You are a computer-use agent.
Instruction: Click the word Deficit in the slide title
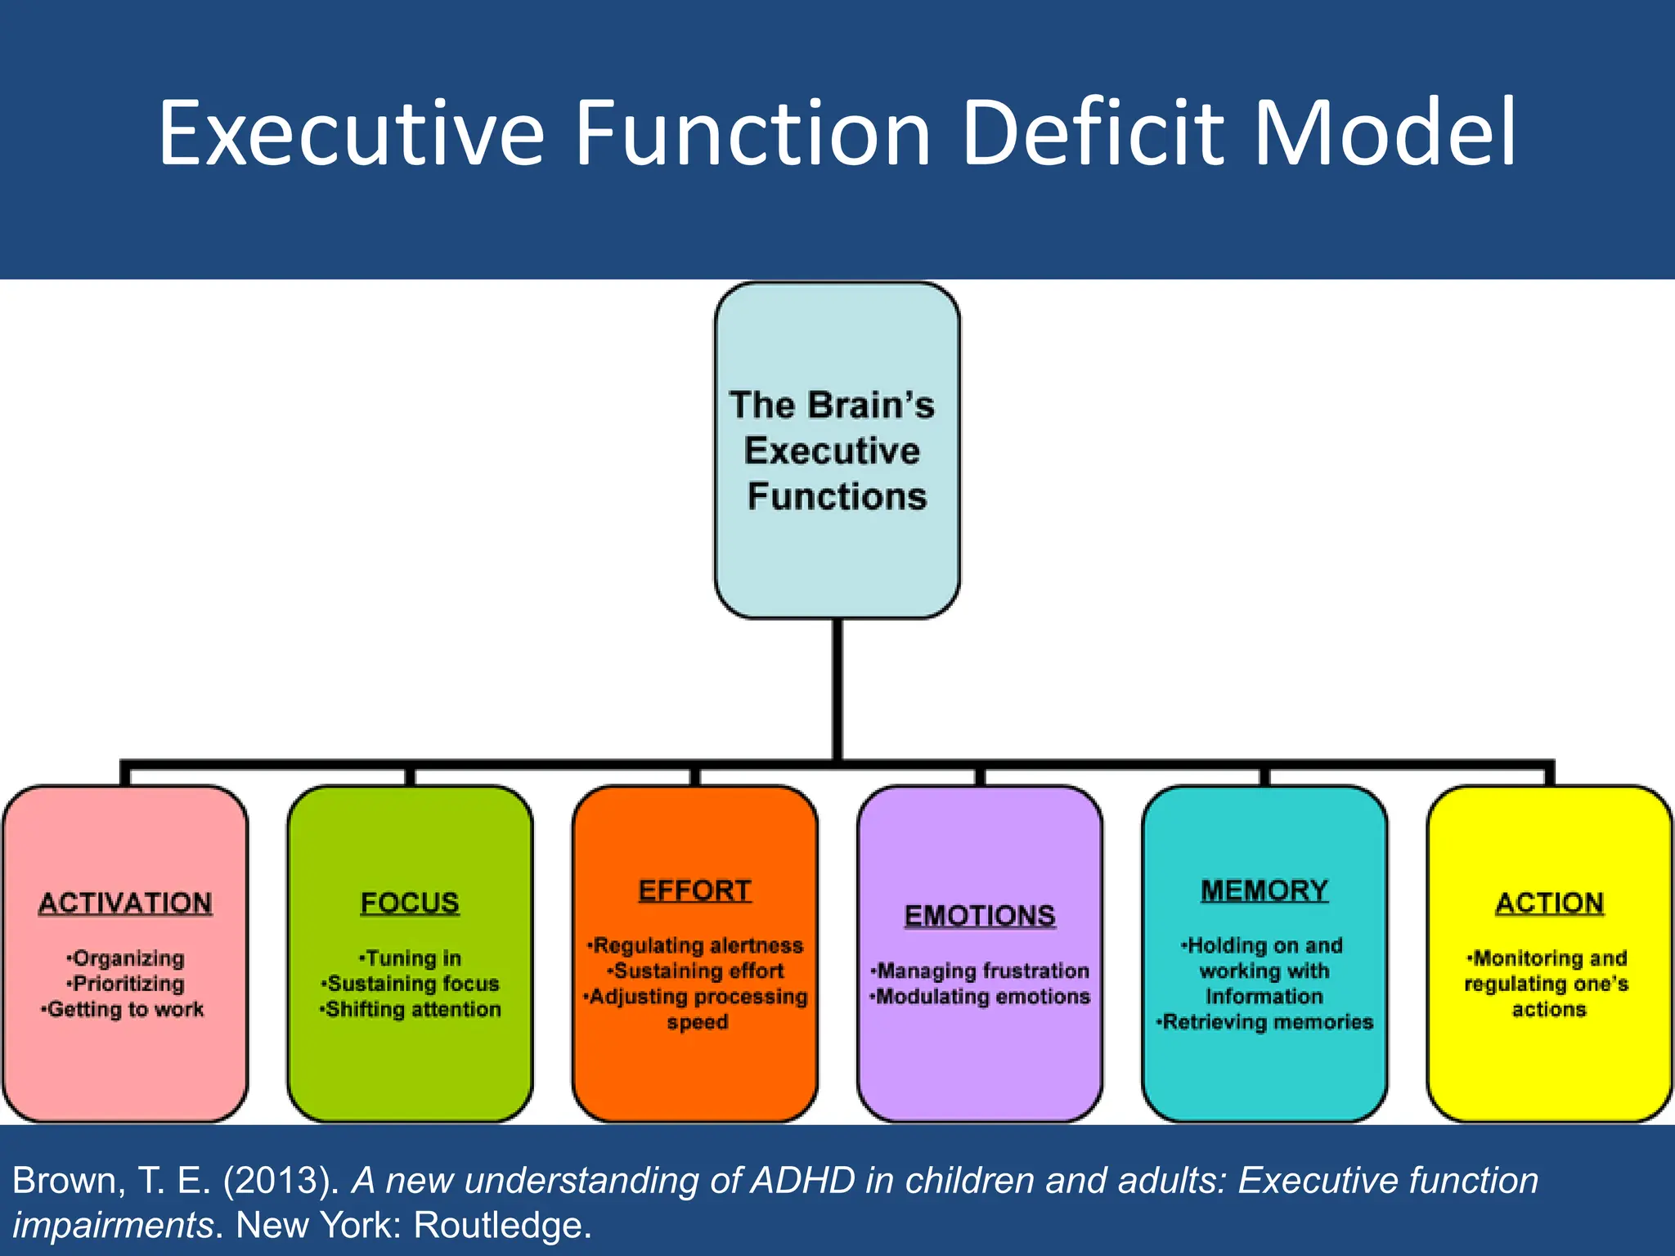click(1094, 132)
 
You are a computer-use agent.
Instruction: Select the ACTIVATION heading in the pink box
click(125, 903)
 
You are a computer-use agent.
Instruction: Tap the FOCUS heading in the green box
click(410, 903)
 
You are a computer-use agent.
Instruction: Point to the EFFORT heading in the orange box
click(694, 890)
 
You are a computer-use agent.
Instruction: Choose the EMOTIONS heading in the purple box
click(980, 916)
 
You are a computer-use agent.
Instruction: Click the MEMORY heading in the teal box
click(1264, 890)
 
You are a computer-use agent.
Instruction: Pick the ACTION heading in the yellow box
click(1549, 903)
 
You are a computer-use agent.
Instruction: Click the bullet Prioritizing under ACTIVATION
click(127, 984)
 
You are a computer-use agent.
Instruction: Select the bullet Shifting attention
click(411, 1010)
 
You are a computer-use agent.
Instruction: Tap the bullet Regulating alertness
click(696, 946)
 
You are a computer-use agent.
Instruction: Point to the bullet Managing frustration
click(981, 971)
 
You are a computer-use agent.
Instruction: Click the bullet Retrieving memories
click(1266, 1022)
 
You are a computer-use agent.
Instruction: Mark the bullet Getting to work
click(123, 1010)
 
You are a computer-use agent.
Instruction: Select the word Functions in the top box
click(837, 497)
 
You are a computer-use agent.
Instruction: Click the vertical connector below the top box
click(837, 687)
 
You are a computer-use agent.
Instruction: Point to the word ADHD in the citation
click(802, 1181)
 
